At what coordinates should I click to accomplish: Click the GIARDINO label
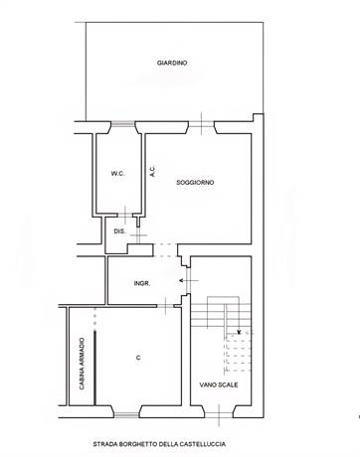(172, 63)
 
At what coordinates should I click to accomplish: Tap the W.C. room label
(118, 173)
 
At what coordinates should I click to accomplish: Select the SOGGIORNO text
(195, 182)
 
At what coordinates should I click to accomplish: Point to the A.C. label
(152, 171)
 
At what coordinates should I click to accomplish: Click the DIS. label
(119, 231)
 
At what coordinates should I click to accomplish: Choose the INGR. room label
(142, 283)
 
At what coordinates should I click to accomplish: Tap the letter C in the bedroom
(138, 358)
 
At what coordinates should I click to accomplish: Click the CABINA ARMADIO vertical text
(82, 364)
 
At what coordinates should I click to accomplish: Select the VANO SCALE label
(219, 384)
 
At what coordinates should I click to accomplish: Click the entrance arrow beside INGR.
(189, 280)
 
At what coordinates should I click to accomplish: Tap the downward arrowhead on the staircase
(240, 332)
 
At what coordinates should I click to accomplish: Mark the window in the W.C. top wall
(123, 124)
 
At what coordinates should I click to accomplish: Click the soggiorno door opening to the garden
(202, 124)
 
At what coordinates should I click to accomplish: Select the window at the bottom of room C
(126, 415)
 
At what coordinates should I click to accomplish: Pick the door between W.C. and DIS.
(125, 215)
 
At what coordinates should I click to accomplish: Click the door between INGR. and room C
(165, 306)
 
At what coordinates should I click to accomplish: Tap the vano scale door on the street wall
(219, 414)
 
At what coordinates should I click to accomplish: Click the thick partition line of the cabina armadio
(94, 368)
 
